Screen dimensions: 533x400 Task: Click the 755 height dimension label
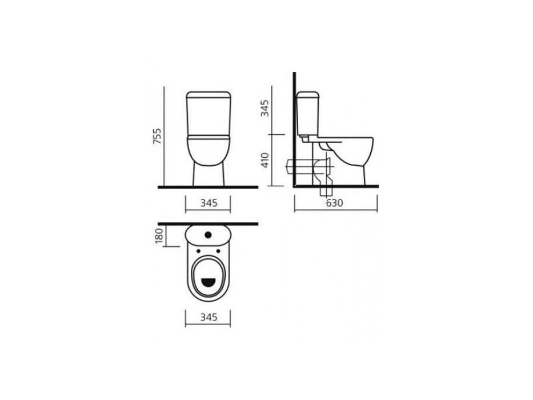click(x=157, y=136)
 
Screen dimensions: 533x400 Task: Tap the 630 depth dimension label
click(x=335, y=203)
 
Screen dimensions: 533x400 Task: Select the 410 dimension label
click(x=265, y=160)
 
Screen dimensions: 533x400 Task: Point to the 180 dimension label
click(x=159, y=235)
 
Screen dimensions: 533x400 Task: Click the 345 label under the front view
click(x=209, y=203)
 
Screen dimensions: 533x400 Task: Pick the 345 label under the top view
click(x=209, y=317)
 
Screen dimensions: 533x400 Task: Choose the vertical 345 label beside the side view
click(x=265, y=108)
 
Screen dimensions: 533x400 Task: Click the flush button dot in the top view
click(x=209, y=235)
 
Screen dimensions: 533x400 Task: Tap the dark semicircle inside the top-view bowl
click(x=208, y=282)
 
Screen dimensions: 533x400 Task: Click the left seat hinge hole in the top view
click(x=198, y=251)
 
